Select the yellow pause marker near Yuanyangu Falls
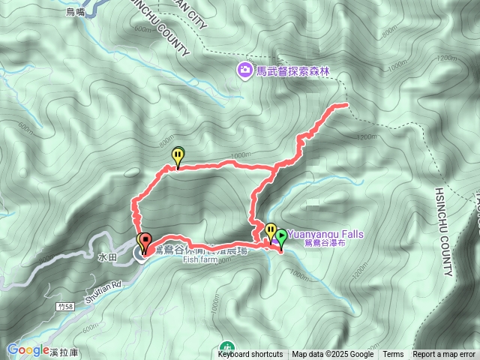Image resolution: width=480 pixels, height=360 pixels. click(270, 230)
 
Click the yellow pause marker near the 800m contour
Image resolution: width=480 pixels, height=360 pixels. click(178, 156)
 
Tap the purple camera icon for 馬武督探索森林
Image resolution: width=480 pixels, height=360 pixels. click(244, 71)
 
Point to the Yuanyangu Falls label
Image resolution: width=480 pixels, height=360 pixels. click(325, 234)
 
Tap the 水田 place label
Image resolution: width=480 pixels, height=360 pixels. click(107, 256)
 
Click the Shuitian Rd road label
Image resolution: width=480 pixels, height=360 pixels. click(106, 285)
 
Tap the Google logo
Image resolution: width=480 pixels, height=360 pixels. click(28, 349)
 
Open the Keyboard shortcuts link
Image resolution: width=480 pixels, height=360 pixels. click(250, 355)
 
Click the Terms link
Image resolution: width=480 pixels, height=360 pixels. click(393, 355)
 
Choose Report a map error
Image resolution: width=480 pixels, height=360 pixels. click(444, 355)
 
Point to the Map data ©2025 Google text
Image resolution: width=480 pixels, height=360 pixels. click(333, 355)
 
